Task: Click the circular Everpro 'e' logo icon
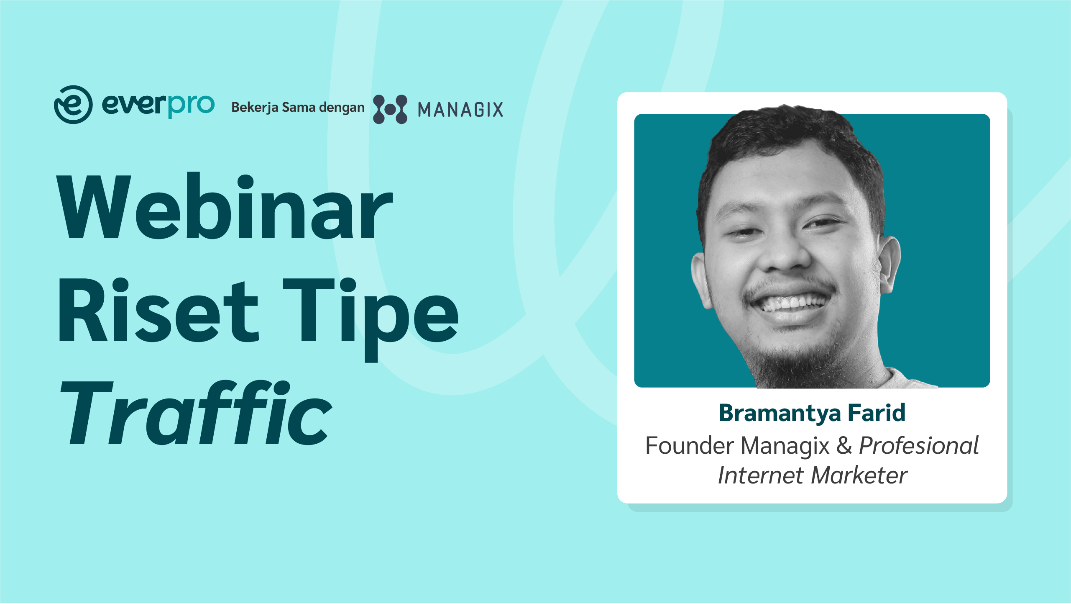[x=73, y=105]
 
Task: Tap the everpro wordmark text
[x=158, y=105]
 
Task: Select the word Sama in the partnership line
[x=299, y=107]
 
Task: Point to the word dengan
[x=342, y=108]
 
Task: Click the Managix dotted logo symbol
[x=390, y=109]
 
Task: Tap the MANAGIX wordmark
[x=460, y=110]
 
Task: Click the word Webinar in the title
[x=225, y=206]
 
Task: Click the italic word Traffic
[x=197, y=413]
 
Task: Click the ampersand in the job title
[x=844, y=445]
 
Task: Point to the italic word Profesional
[x=919, y=445]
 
